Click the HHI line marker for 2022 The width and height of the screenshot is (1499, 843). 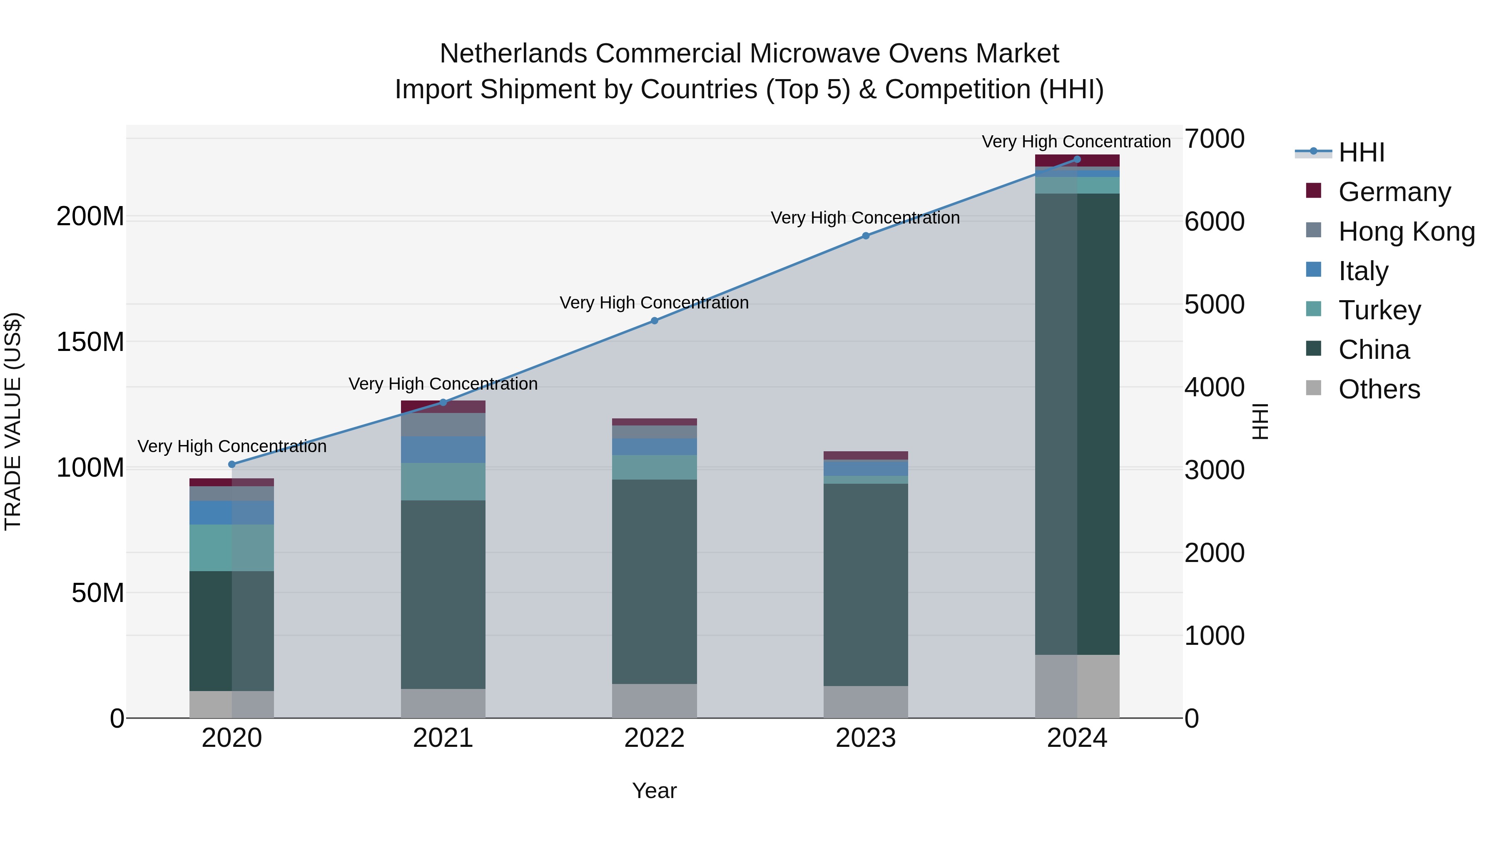coord(654,321)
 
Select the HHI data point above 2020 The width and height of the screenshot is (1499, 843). coord(232,464)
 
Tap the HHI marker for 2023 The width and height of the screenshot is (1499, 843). coord(865,236)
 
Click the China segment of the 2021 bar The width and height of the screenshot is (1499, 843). coord(443,593)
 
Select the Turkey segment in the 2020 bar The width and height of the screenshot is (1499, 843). coord(232,547)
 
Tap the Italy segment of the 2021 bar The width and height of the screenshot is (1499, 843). coord(443,450)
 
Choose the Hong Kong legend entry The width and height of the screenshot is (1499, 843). coord(1406,231)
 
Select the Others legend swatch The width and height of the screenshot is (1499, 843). coord(1313,388)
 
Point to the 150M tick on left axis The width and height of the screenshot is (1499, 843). coord(90,342)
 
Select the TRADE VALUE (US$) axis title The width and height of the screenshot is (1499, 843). coord(13,421)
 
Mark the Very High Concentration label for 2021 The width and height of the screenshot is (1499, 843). coord(443,384)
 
